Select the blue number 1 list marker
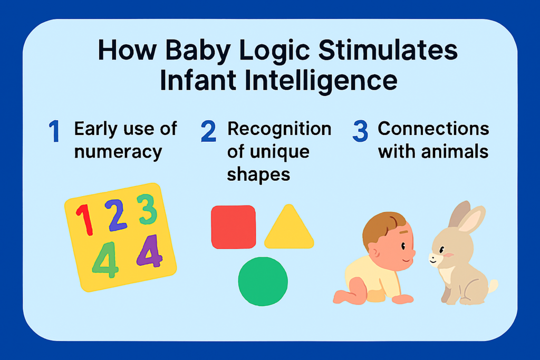pyautogui.click(x=54, y=132)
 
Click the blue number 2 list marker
pyautogui.click(x=208, y=132)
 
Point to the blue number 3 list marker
pyautogui.click(x=360, y=132)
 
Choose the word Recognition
pyautogui.click(x=279, y=129)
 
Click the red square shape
pyautogui.click(x=233, y=227)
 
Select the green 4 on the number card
pyautogui.click(x=105, y=259)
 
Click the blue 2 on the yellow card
pyautogui.click(x=115, y=215)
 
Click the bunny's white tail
pyautogui.click(x=493, y=287)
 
